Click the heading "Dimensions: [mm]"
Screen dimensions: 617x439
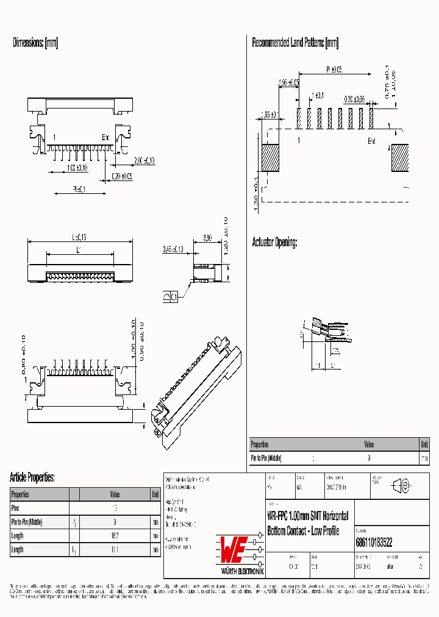35,43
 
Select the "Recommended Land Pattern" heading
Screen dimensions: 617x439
295,43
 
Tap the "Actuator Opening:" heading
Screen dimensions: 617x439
274,243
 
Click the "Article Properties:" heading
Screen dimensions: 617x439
32,477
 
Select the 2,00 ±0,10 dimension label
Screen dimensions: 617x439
144,160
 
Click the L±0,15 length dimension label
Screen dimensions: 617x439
79,237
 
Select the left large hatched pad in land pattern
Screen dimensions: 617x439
271,158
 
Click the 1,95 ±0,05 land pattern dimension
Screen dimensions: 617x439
288,82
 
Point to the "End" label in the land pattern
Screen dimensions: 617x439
371,141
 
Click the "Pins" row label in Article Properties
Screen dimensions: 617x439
16,507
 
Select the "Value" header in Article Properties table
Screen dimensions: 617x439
115,494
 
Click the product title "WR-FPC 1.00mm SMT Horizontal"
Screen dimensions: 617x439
307,516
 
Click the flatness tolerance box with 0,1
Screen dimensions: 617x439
171,297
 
